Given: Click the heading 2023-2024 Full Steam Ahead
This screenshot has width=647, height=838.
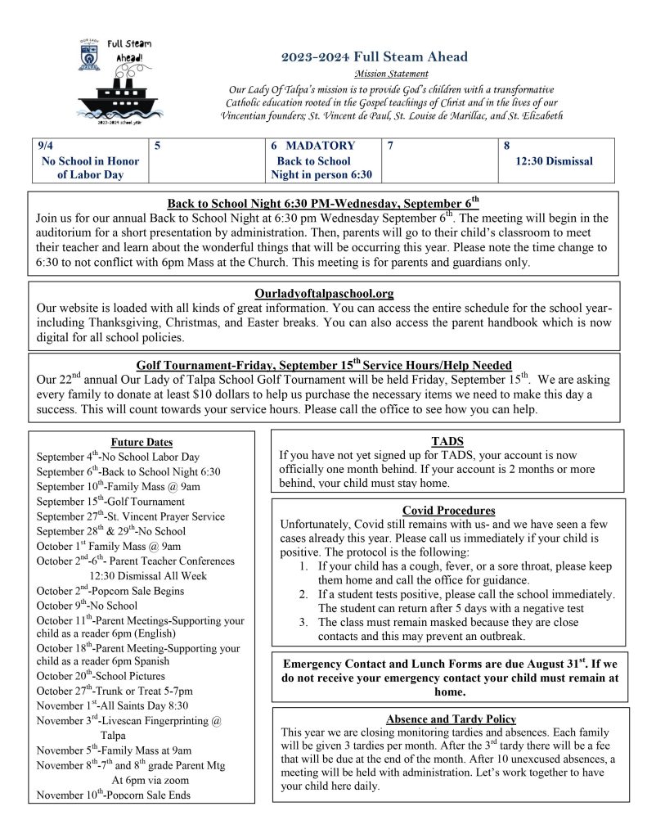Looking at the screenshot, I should (x=374, y=56).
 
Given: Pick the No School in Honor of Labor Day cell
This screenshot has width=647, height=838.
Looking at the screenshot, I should (x=90, y=168).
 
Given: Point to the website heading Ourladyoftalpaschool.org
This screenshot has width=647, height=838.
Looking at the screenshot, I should (x=324, y=293).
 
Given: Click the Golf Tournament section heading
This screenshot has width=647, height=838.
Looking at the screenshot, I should (x=324, y=365).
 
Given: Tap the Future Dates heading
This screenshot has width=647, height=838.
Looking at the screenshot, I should (x=142, y=442).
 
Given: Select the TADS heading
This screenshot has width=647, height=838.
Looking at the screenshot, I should (x=447, y=441).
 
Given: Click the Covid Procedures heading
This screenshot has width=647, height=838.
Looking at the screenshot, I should (x=448, y=511).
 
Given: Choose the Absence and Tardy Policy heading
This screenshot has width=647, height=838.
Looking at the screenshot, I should (x=451, y=719).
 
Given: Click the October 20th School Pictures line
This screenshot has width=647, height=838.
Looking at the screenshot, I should (x=101, y=676).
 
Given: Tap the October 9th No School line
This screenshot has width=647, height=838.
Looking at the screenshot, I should (x=88, y=606).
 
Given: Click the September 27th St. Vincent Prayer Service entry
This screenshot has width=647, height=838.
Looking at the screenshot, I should (x=130, y=516).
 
